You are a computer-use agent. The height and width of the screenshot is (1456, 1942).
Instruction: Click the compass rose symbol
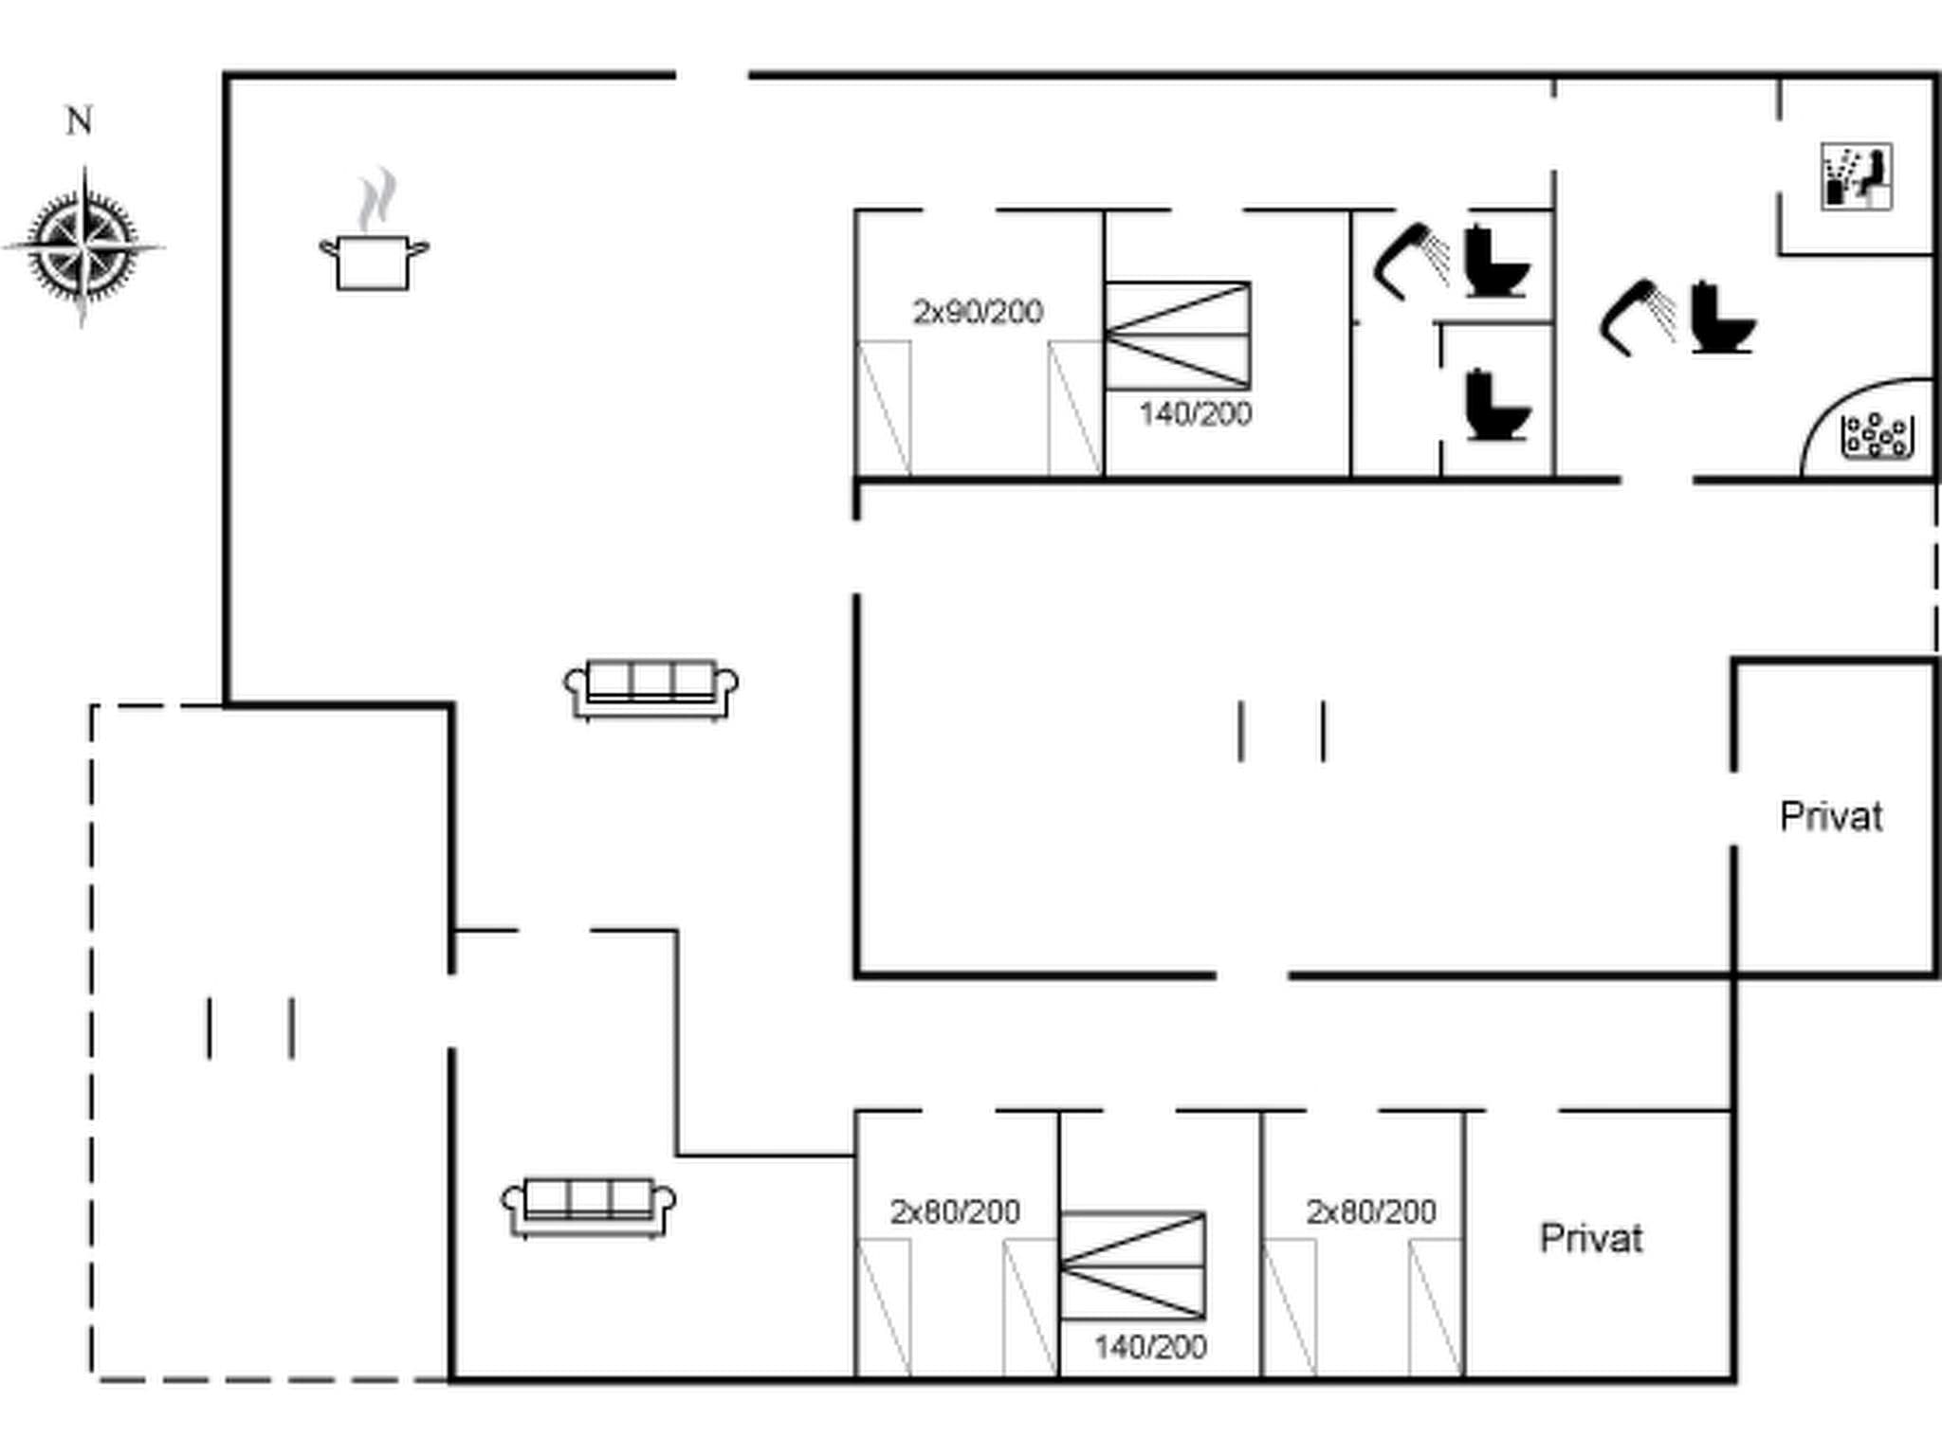(83, 246)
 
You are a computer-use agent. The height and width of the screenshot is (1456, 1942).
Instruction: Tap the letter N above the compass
(80, 121)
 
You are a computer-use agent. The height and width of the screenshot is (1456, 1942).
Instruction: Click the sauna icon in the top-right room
(1856, 176)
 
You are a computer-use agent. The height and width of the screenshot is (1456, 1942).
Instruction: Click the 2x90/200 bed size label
(978, 312)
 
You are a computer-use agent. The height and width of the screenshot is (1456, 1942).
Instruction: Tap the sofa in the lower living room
(589, 1208)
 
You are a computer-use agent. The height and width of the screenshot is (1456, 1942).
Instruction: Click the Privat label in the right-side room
(1830, 817)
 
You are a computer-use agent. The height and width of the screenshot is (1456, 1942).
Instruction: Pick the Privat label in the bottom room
(1590, 1239)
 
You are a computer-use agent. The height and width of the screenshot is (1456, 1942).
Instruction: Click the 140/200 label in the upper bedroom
(1195, 414)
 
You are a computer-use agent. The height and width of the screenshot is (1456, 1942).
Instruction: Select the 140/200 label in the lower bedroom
(1149, 1347)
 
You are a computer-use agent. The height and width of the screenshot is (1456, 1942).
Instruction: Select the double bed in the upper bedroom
(1177, 335)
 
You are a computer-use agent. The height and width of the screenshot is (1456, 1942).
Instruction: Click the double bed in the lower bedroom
(1132, 1265)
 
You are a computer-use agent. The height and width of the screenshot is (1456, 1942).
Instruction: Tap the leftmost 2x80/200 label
(954, 1211)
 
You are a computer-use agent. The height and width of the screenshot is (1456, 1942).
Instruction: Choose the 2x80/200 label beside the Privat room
(1370, 1211)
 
